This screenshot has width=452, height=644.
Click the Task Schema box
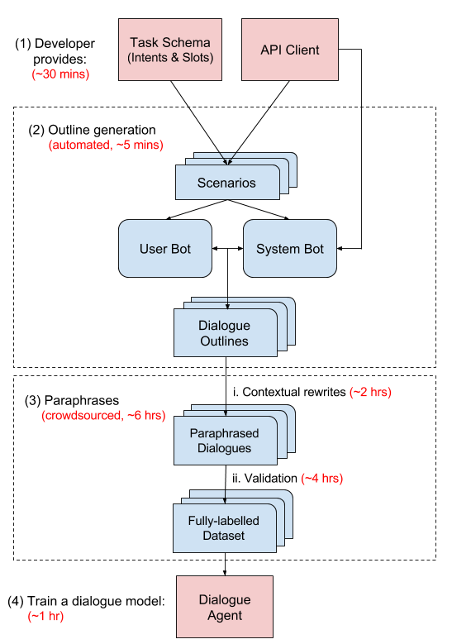[170, 50]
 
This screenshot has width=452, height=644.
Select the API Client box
[290, 50]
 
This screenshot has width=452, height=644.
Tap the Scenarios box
[227, 183]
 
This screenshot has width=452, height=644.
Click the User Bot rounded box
[165, 248]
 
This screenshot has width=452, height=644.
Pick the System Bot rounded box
[290, 248]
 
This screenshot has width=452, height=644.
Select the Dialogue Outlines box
[225, 333]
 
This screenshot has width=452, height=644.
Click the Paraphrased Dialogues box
[225, 441]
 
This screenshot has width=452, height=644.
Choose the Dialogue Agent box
[225, 607]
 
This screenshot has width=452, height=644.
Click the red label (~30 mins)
[60, 74]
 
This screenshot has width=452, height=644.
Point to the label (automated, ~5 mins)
[106, 145]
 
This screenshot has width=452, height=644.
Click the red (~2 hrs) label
[370, 393]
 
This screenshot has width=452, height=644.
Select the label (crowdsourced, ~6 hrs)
[103, 415]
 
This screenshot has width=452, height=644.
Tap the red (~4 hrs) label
[321, 478]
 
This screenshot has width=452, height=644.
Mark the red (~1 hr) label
[45, 617]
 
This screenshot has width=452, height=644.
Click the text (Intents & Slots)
[170, 58]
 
